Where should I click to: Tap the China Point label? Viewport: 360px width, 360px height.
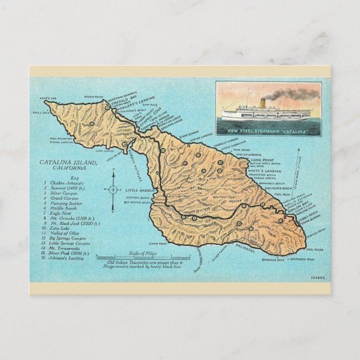coord(158,244)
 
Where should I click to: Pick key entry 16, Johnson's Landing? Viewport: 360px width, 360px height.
coord(70,258)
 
